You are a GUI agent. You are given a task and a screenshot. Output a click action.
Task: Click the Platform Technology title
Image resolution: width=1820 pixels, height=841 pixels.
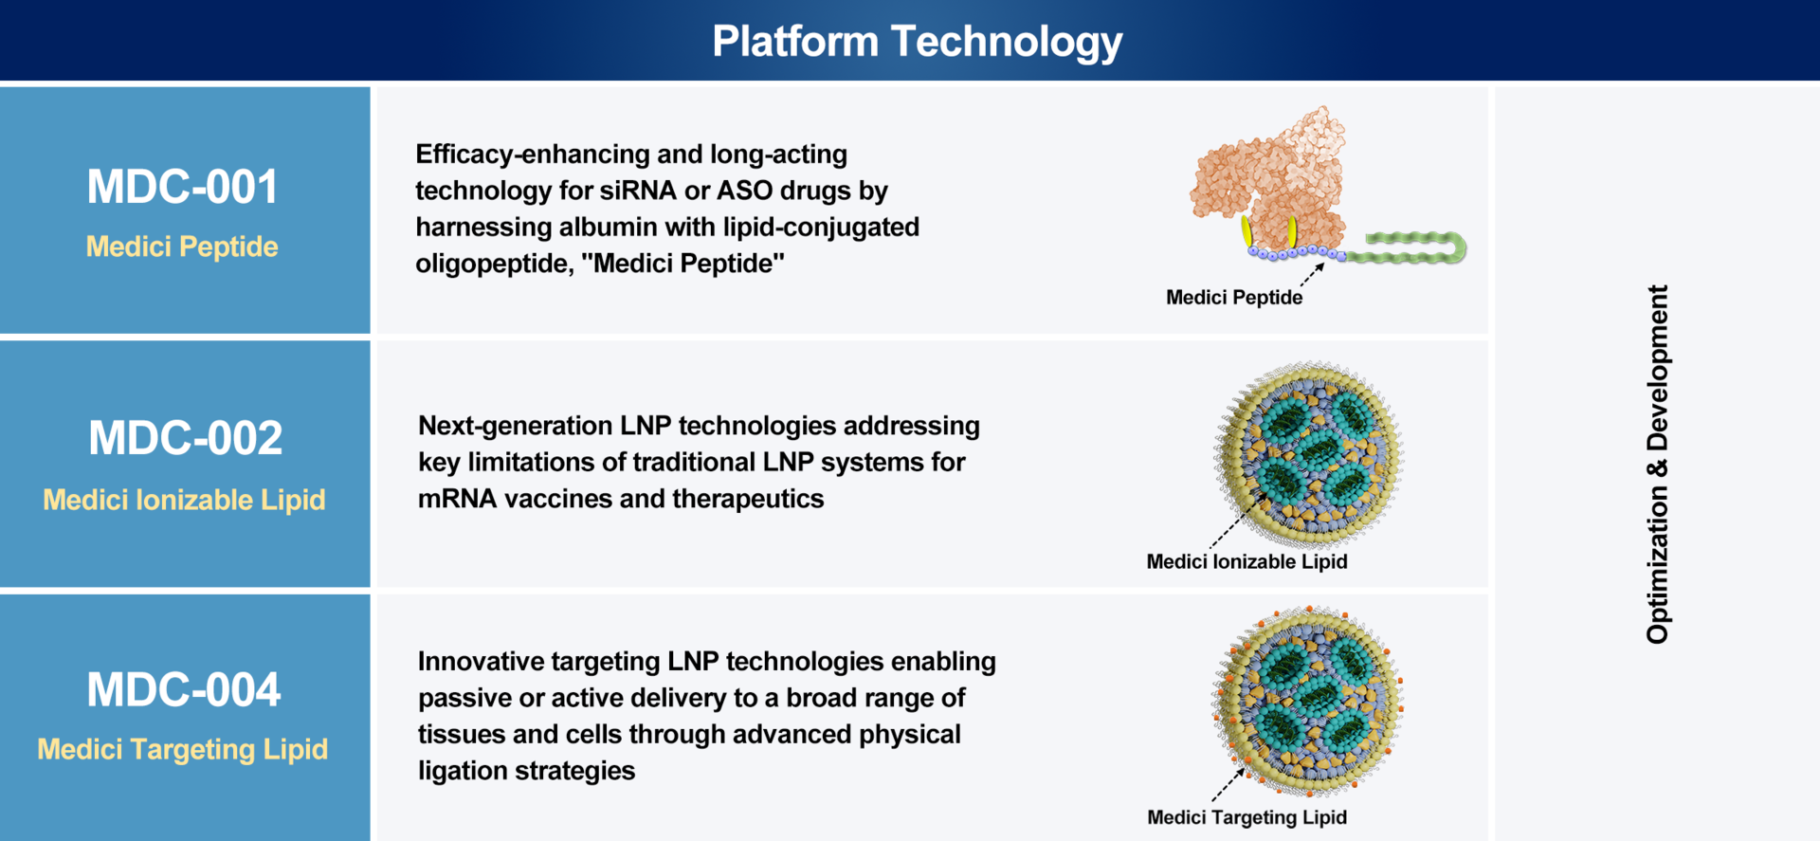pyautogui.click(x=917, y=42)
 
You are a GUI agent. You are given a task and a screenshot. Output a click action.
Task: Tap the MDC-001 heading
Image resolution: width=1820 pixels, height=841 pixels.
pyautogui.click(x=182, y=187)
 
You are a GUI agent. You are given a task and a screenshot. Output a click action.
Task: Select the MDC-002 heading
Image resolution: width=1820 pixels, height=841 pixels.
pyautogui.click(x=185, y=438)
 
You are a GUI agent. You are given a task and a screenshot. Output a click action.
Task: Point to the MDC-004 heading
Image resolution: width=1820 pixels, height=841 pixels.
pyautogui.click(x=184, y=689)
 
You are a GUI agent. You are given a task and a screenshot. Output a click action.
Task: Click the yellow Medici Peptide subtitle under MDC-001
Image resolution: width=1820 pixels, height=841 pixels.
pyautogui.click(x=182, y=247)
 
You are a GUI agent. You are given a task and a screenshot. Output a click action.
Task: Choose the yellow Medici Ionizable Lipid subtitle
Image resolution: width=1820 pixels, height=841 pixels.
pyautogui.click(x=184, y=500)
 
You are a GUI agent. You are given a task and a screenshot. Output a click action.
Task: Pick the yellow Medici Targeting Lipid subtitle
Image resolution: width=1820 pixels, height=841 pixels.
pyautogui.click(x=183, y=749)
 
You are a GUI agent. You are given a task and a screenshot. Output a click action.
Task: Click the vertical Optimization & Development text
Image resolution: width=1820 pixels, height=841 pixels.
pyautogui.click(x=1657, y=465)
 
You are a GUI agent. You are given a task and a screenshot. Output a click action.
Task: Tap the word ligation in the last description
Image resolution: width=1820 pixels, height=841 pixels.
pyautogui.click(x=462, y=771)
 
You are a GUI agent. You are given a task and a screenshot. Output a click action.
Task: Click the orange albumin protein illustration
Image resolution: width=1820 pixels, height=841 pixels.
pyautogui.click(x=1270, y=180)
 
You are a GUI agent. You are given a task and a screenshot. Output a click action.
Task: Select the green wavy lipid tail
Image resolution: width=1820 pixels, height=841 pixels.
pyautogui.click(x=1407, y=247)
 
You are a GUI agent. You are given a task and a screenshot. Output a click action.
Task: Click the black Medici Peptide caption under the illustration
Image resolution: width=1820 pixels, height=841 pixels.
pyautogui.click(x=1234, y=298)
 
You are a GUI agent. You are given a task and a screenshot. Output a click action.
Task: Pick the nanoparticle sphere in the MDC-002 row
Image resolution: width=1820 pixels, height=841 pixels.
pyautogui.click(x=1309, y=455)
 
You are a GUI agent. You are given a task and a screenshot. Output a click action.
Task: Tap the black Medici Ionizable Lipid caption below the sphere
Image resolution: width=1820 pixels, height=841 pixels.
pyautogui.click(x=1247, y=561)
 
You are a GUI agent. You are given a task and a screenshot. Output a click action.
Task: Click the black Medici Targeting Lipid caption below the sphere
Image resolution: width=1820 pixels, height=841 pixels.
pyautogui.click(x=1247, y=817)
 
